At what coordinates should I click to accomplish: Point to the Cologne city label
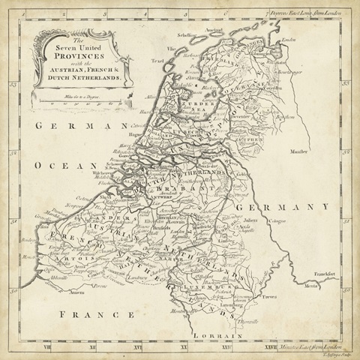pos(279,219)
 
